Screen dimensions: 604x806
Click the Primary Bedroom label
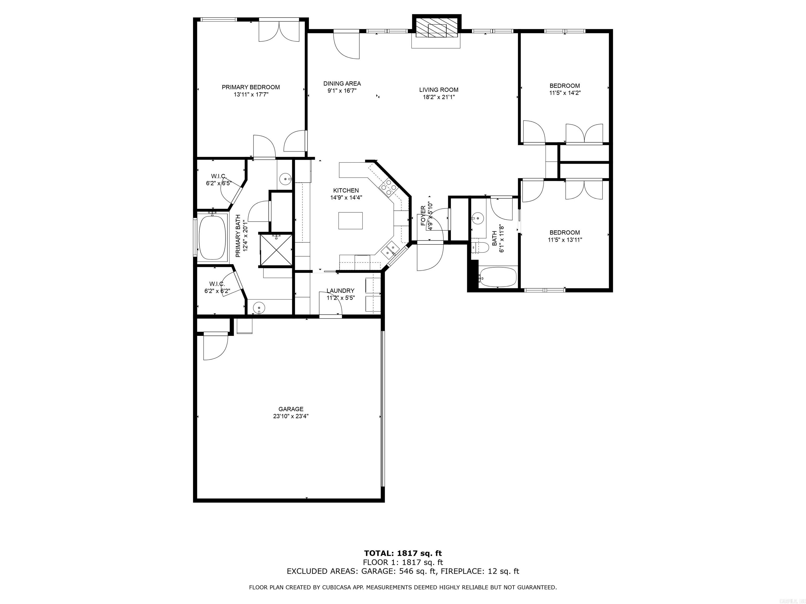point(251,87)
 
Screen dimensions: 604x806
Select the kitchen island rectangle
point(350,221)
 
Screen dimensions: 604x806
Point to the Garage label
point(291,409)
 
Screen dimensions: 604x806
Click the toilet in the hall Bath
point(480,247)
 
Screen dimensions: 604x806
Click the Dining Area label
point(342,84)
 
